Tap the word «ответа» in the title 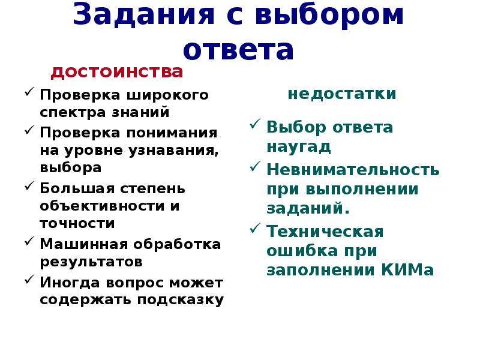point(238,49)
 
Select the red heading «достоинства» point(116,72)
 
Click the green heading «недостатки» point(342,94)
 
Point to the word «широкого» point(167,95)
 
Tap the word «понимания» point(172,133)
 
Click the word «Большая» point(77,188)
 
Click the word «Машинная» point(84,244)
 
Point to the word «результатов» point(91,262)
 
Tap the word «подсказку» point(181,299)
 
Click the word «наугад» point(299,146)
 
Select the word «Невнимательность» point(353,170)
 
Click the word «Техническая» point(325,232)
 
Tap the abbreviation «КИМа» point(408,270)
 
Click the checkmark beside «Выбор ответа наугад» point(255,124)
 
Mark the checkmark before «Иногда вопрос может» point(29,280)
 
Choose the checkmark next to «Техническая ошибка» point(255,228)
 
